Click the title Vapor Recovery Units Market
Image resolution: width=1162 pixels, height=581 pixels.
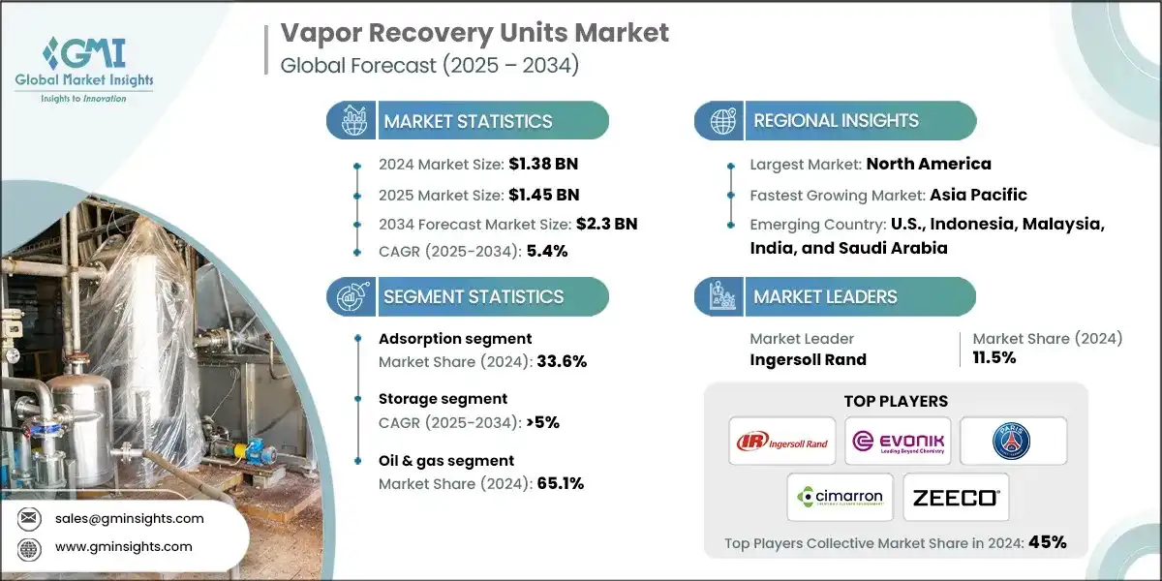click(x=474, y=33)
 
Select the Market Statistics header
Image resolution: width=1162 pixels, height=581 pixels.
click(x=468, y=121)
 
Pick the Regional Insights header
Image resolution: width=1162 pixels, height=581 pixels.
click(x=836, y=121)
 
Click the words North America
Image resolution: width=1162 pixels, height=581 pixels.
click(x=929, y=164)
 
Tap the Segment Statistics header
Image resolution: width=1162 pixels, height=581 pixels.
click(x=473, y=296)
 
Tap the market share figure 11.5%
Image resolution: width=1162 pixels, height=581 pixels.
click(x=994, y=358)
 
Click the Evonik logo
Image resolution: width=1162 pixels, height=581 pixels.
click(x=897, y=443)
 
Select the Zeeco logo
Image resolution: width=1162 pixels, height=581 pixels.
click(x=956, y=498)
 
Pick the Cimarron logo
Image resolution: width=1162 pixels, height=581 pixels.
click(x=840, y=498)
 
